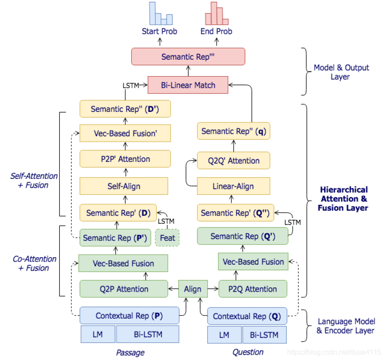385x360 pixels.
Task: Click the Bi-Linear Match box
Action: tap(188, 85)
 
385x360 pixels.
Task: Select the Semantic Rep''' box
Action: tap(188, 57)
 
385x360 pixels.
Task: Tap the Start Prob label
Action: tap(159, 31)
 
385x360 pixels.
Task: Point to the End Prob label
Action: tap(216, 31)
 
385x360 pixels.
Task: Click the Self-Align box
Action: tap(124, 186)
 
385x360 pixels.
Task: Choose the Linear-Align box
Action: tap(233, 186)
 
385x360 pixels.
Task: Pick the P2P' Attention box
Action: tap(124, 159)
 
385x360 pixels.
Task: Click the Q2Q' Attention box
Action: tap(233, 161)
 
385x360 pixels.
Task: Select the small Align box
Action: tap(193, 289)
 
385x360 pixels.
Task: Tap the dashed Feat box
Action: tap(167, 238)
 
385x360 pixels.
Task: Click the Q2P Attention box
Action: tap(124, 289)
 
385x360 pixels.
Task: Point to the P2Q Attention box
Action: tap(252, 289)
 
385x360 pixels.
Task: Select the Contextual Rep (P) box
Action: tap(130, 316)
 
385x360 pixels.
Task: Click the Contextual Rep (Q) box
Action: tap(247, 316)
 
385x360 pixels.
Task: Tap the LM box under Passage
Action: tap(98, 334)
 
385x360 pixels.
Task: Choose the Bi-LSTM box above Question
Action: tap(264, 335)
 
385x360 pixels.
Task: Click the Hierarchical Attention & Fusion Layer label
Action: tap(343, 199)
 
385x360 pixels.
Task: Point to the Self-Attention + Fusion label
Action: tap(34, 181)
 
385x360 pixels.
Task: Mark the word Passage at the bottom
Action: tap(130, 352)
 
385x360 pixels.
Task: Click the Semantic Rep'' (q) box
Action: tap(233, 131)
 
